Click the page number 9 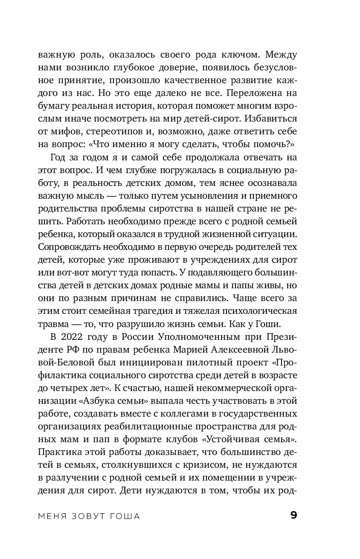pos(293,516)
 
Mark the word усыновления pos(199,197)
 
